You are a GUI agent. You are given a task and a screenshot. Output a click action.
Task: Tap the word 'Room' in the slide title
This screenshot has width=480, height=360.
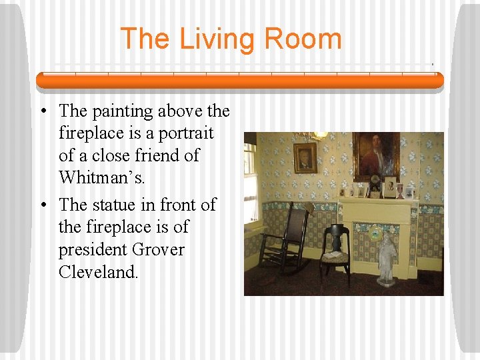click(303, 39)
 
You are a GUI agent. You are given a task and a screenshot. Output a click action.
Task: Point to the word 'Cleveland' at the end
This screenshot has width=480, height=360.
click(98, 273)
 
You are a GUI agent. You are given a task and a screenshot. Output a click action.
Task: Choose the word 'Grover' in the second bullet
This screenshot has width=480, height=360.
click(159, 250)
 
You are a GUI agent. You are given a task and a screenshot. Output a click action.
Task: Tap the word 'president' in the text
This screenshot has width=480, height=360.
click(92, 250)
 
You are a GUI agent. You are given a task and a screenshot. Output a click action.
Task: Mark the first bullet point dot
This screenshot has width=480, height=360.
click(41, 111)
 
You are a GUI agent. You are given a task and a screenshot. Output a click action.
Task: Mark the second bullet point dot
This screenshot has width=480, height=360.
click(41, 205)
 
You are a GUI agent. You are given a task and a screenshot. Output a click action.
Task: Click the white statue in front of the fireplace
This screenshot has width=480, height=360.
click(387, 257)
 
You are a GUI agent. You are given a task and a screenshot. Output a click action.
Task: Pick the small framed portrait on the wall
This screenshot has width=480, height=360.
click(305, 157)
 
